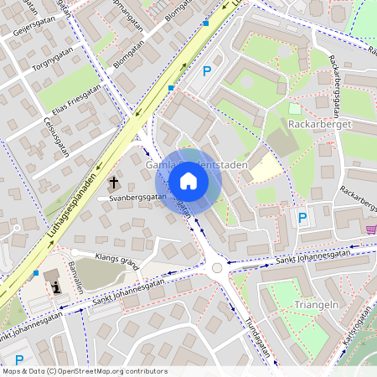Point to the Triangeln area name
(x=316, y=305)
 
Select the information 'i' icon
(x=57, y=287)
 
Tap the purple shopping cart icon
(x=369, y=229)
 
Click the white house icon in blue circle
(x=188, y=180)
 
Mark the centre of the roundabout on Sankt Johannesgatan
(x=218, y=268)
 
